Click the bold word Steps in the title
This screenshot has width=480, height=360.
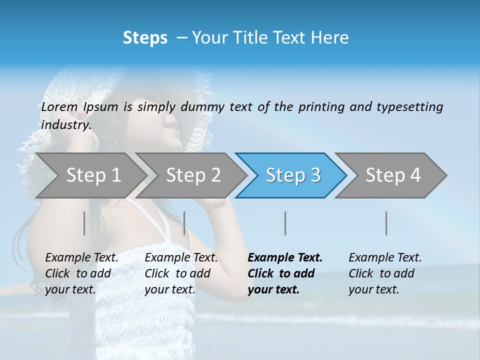[x=145, y=38]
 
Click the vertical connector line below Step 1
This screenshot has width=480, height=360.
[x=84, y=223]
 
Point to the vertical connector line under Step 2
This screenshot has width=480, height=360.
[x=184, y=223]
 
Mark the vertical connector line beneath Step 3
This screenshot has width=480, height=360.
[x=285, y=223]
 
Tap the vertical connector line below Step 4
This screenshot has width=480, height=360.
[x=386, y=223]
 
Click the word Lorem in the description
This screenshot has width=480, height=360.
[x=59, y=107]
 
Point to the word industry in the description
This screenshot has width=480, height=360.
[x=66, y=125]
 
